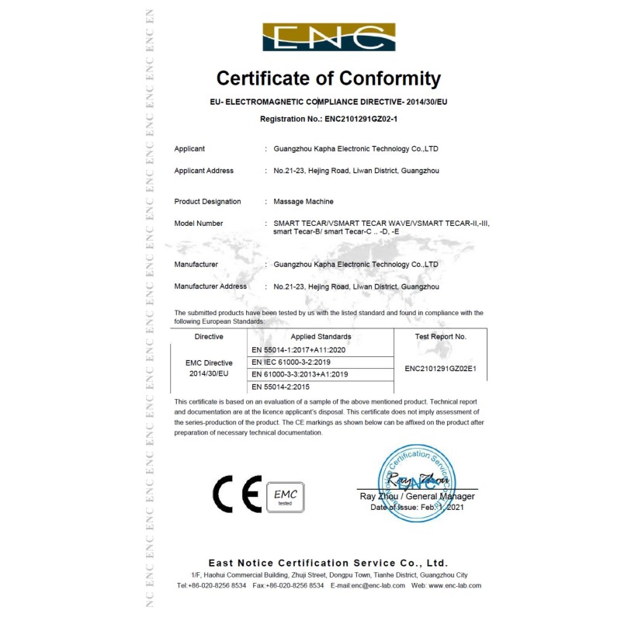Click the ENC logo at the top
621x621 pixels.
tap(328, 37)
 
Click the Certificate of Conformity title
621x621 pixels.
tap(328, 78)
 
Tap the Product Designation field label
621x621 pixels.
tap(207, 202)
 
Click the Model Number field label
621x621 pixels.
tap(199, 224)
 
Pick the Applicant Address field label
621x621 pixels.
tap(203, 171)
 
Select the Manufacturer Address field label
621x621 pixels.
tap(210, 286)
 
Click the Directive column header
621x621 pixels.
tap(209, 337)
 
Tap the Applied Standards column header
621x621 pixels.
tap(321, 337)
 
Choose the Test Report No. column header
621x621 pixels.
tap(440, 337)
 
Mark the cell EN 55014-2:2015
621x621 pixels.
tap(281, 386)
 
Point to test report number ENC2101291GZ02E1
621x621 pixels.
tap(440, 368)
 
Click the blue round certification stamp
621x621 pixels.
tap(417, 482)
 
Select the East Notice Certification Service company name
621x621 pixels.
tap(328, 563)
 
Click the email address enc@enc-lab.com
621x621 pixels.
tap(378, 585)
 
